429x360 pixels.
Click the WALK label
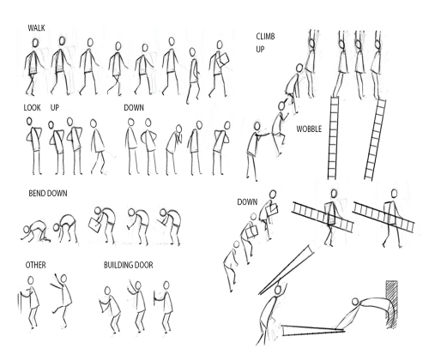(36, 28)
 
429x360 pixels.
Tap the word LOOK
(32, 108)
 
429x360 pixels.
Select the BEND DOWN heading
(47, 194)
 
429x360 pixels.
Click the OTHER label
(35, 266)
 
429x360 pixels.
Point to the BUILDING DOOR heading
(128, 266)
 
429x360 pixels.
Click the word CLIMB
(266, 35)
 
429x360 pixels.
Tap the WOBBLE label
(309, 129)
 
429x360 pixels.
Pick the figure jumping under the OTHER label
(56, 296)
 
